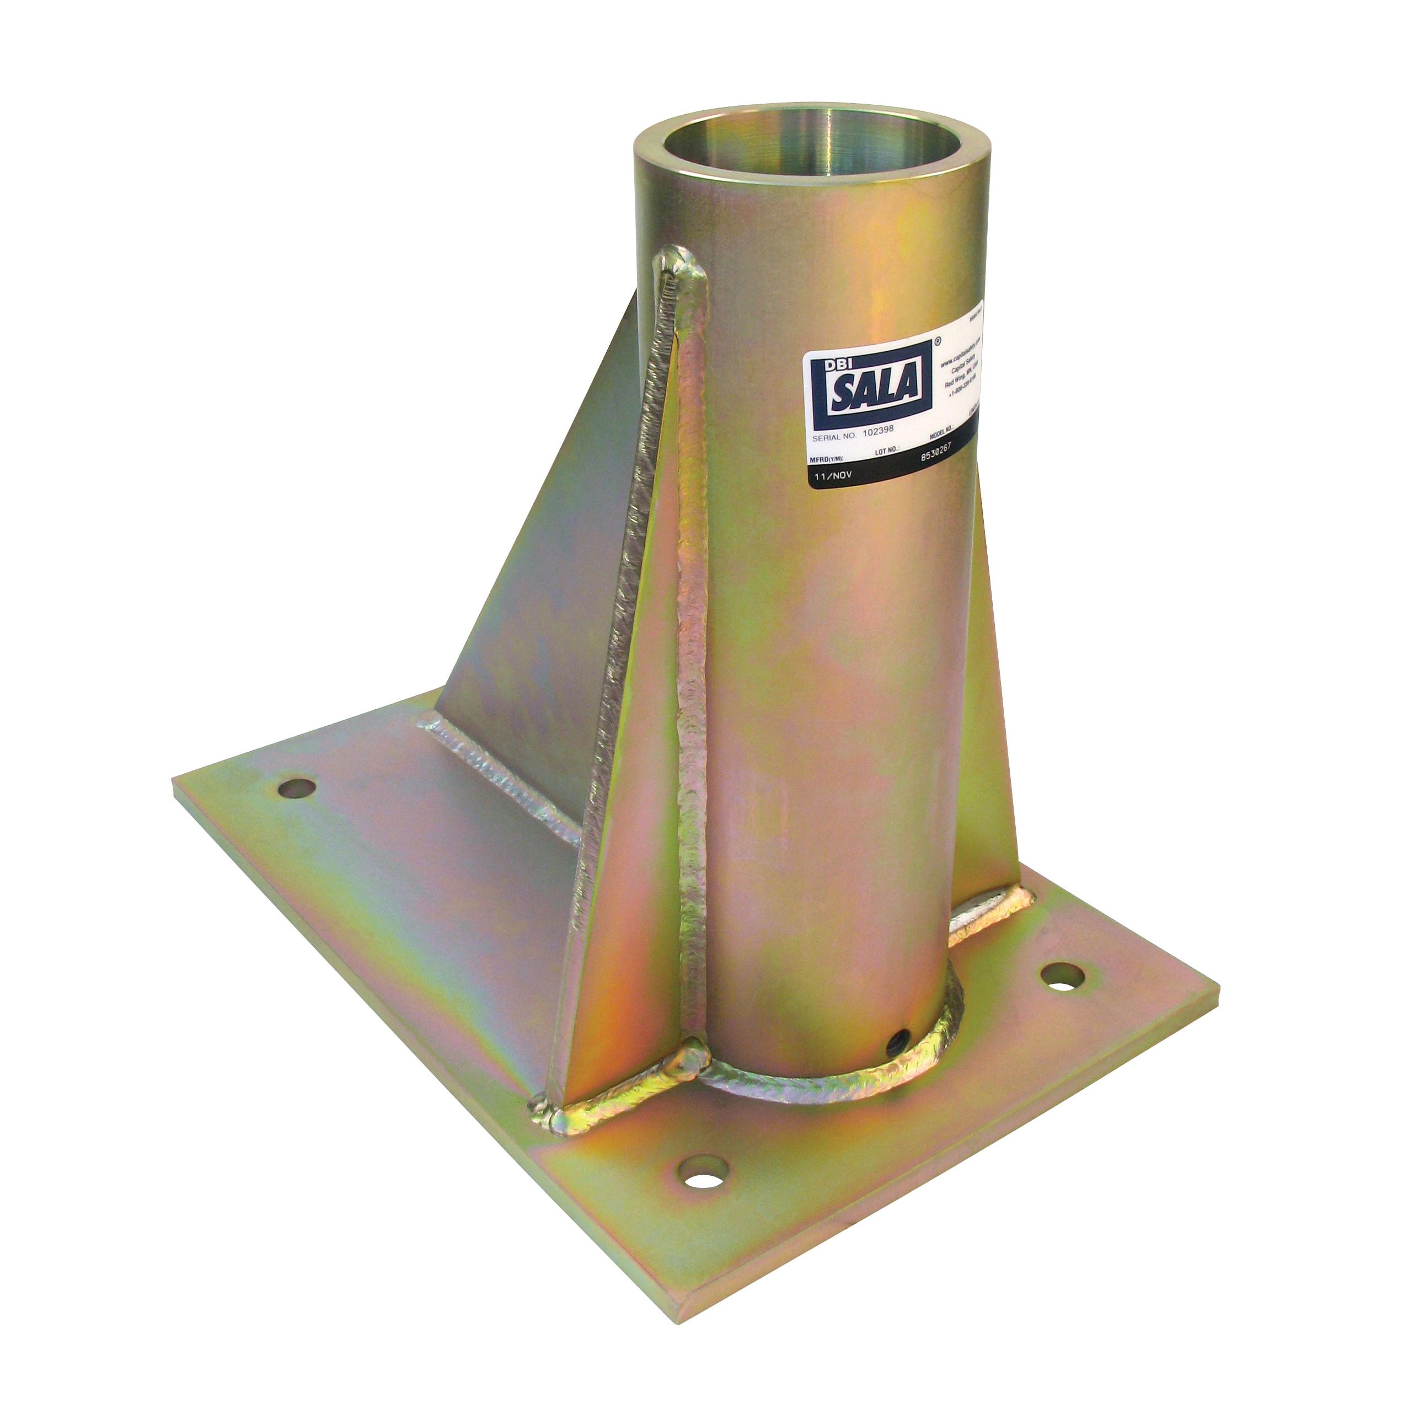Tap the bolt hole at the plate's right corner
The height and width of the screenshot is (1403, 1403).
coord(1062,977)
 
